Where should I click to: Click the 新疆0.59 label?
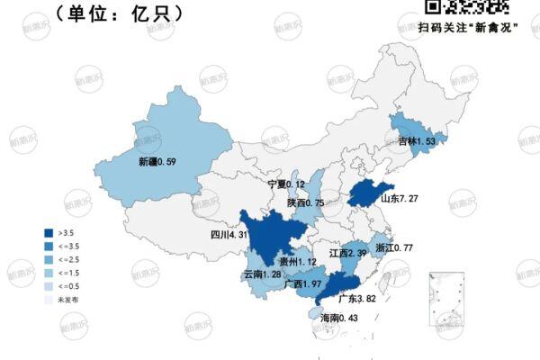click(157, 162)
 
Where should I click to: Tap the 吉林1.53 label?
click(417, 141)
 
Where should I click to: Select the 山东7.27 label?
click(400, 199)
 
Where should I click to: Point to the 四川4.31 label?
click(229, 236)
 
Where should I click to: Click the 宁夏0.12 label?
click(287, 184)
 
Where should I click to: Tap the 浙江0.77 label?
click(393, 247)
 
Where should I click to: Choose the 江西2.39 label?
click(347, 254)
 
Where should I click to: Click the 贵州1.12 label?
click(297, 261)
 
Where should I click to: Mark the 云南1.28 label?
click(262, 274)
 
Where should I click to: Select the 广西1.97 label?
click(303, 284)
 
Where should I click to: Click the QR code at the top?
click(466, 6)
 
